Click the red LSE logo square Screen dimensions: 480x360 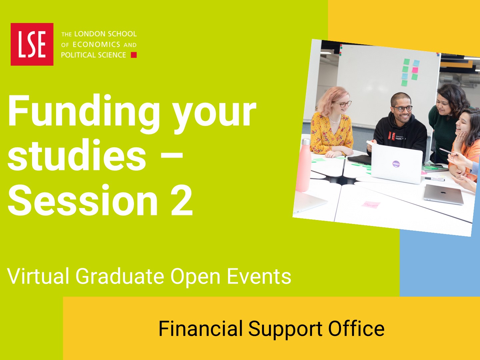point(32,44)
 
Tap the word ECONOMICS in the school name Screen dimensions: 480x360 point(96,45)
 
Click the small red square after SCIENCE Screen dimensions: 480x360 point(134,55)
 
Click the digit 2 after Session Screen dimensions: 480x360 point(182,200)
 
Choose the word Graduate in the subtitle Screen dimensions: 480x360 point(120,276)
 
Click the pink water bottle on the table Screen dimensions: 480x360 point(304,165)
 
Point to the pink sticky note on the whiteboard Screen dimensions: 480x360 point(415,70)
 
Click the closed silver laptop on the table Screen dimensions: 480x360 point(444,194)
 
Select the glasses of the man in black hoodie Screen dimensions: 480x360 point(402,108)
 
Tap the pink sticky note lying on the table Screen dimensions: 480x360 point(371,205)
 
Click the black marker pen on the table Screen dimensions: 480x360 point(434,179)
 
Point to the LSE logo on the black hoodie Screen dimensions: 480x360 point(391,136)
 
